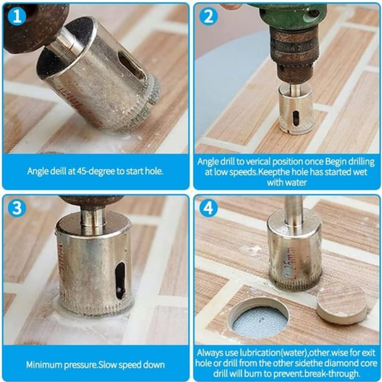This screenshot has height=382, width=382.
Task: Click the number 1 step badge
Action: pos(17,17)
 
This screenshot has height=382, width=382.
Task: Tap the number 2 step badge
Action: pos(208,17)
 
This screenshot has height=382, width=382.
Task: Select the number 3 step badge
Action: pos(17,208)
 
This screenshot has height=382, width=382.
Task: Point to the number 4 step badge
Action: pos(208,208)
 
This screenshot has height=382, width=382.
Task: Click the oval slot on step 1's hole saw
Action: pos(132,66)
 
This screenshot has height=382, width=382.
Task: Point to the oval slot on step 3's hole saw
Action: pos(120,281)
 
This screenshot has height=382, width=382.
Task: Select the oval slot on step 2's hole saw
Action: pos(295,118)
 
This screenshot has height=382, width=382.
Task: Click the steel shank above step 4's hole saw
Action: pos(294,210)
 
